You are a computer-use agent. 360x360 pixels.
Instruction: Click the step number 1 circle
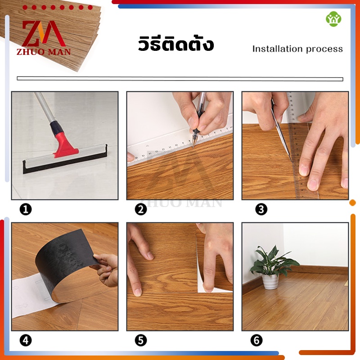point(26,209)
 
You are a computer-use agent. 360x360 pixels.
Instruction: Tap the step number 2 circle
point(141,209)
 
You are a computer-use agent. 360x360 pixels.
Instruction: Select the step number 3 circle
point(261,209)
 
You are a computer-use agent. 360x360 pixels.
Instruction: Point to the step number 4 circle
point(26,341)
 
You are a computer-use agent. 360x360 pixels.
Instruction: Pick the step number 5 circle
point(141,341)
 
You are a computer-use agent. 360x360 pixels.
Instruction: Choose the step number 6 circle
point(256,341)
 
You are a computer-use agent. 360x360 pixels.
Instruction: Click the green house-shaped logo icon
point(333,19)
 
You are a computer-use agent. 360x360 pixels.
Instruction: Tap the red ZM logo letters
point(44,33)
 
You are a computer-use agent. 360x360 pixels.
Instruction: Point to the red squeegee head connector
point(65,144)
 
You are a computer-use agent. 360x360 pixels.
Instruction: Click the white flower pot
point(270,282)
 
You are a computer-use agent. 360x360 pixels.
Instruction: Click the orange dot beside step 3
point(352,203)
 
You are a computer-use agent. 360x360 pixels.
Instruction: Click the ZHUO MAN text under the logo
point(44,52)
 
